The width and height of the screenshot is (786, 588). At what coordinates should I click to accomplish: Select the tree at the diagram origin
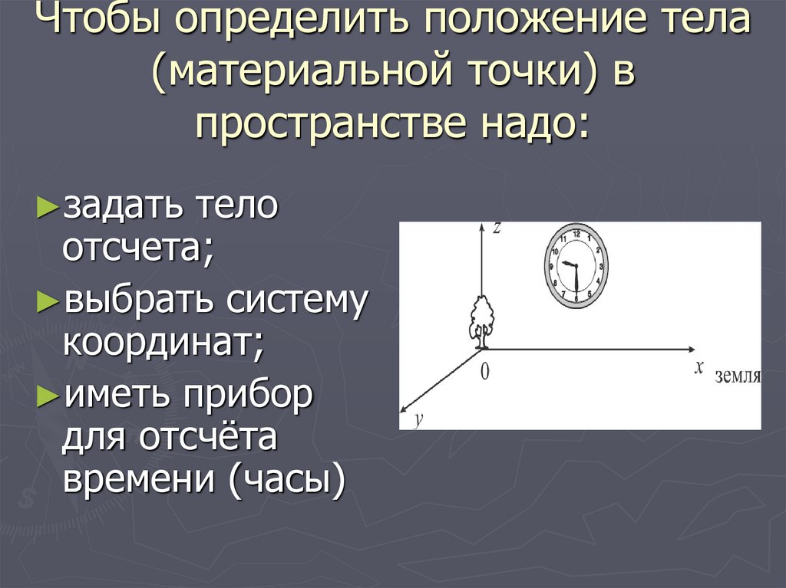pyautogui.click(x=482, y=320)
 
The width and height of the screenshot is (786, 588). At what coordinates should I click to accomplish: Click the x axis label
pyautogui.click(x=698, y=368)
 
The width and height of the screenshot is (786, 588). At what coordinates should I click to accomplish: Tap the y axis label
pyautogui.click(x=419, y=420)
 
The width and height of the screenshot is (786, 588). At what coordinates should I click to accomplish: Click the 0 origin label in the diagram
pyautogui.click(x=484, y=372)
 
